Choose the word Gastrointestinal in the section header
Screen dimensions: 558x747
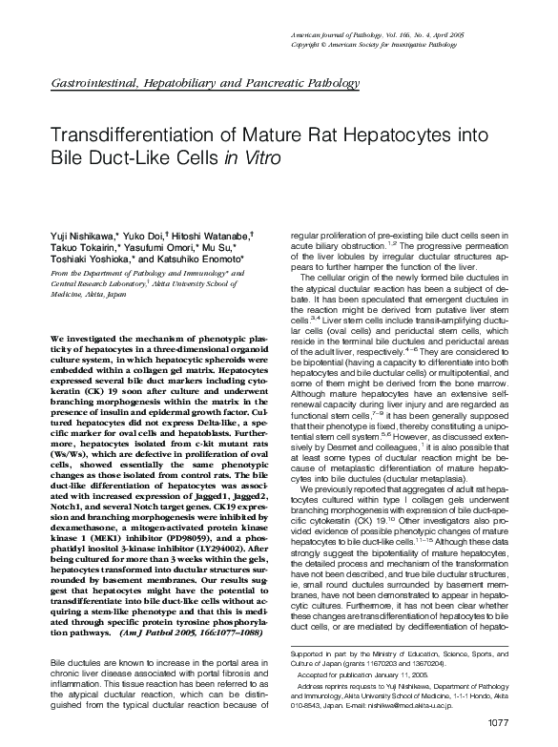91,85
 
